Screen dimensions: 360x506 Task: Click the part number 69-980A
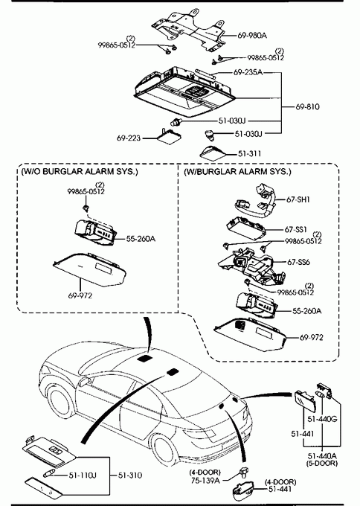(x=252, y=35)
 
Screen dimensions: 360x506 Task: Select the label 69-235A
(x=248, y=72)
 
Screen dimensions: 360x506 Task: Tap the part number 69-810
(x=307, y=106)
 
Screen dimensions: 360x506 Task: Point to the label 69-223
(x=129, y=138)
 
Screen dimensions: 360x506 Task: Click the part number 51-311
(x=249, y=153)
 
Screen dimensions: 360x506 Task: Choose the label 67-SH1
(x=298, y=199)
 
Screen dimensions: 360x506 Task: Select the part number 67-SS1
(x=296, y=229)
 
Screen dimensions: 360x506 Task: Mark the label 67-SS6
(x=298, y=262)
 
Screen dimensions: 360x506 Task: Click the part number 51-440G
(x=322, y=419)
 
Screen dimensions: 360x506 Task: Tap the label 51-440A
(x=322, y=456)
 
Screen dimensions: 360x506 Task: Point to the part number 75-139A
(x=205, y=481)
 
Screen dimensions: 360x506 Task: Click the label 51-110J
(x=83, y=475)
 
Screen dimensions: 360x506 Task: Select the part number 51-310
(x=130, y=475)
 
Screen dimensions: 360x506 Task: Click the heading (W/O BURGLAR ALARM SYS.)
(x=80, y=171)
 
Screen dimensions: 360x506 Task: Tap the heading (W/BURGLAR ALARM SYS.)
(x=237, y=171)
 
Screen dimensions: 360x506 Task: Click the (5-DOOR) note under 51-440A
(x=322, y=463)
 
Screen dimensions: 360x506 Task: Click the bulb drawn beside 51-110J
(x=48, y=474)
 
